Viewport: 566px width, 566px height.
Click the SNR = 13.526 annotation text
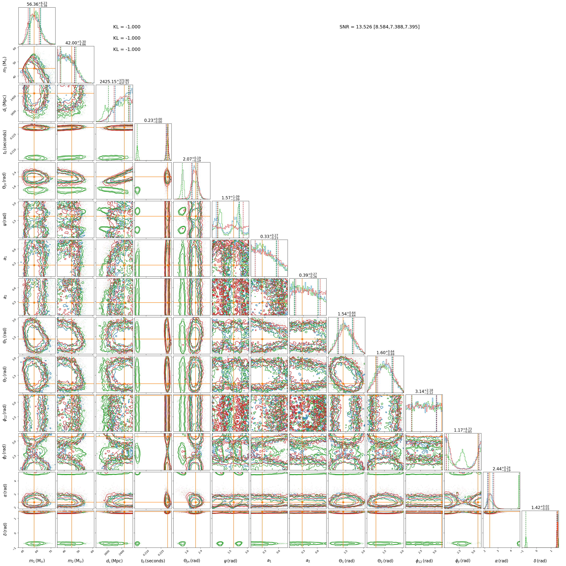[x=379, y=27]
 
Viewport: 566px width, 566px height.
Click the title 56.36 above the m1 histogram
[x=37, y=4]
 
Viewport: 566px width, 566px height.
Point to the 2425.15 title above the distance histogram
[x=114, y=82]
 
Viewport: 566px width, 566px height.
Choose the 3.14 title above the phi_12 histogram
[x=424, y=391]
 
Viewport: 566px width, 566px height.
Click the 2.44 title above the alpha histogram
[x=501, y=469]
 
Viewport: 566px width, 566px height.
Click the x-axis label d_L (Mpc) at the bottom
[x=114, y=561]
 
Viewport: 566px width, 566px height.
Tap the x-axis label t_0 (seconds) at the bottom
[x=153, y=561]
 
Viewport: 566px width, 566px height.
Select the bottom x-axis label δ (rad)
[x=540, y=561]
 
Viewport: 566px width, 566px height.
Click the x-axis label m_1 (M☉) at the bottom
[x=37, y=561]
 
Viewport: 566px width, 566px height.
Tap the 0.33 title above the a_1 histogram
[x=269, y=236]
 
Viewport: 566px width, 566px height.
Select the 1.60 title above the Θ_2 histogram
[x=385, y=353]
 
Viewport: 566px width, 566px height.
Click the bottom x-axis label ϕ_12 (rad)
[x=424, y=561]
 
